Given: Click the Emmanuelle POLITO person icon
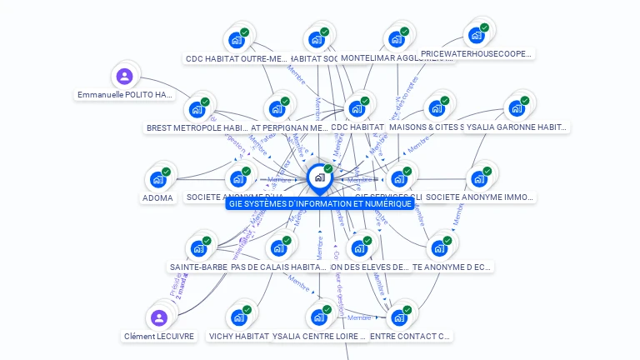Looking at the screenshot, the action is pos(125,77).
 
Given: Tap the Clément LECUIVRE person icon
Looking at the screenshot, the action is pos(158,317).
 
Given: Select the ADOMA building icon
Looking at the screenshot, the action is pos(157,179).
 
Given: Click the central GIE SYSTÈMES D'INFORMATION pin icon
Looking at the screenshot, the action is pos(319,177).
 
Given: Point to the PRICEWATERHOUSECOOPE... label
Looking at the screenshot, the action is pos(477,54).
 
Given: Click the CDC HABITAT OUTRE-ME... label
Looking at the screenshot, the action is pos(236,59).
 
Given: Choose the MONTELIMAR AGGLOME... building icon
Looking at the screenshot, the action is pos(396,39).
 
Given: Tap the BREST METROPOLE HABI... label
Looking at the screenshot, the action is pos(197,128).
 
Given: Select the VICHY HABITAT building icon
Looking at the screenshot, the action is pos(238,317).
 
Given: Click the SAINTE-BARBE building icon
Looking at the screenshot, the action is pos(198,248).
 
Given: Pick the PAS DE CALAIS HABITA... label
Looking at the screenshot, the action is pos(277,267).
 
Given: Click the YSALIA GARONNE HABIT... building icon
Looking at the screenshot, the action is pos(516,108).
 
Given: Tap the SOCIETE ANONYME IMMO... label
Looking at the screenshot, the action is pos(480,197).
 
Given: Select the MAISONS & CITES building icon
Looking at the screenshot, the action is pos(436,108).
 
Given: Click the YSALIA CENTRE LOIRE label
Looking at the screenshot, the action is pos(319,337).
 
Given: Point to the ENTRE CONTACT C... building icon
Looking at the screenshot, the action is pos(399,317).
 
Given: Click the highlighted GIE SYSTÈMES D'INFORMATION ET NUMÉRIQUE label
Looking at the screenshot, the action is pos(319,204).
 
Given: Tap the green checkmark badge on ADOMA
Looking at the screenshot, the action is pos(166,172).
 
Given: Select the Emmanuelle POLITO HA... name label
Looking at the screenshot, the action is pos(126,95).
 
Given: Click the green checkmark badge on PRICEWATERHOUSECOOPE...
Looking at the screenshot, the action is pos(484,26).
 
